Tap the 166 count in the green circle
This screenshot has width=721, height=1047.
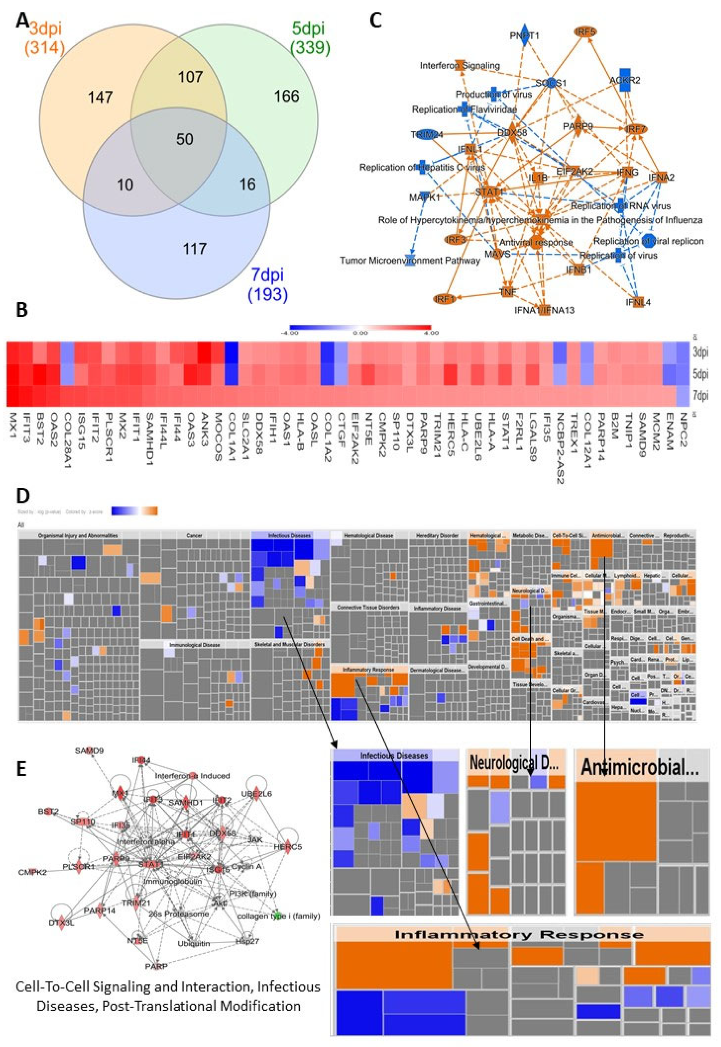(287, 96)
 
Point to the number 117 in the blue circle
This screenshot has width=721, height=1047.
(195, 249)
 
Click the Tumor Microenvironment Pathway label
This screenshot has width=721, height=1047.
(410, 261)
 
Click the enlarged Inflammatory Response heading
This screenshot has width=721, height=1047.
(520, 934)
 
